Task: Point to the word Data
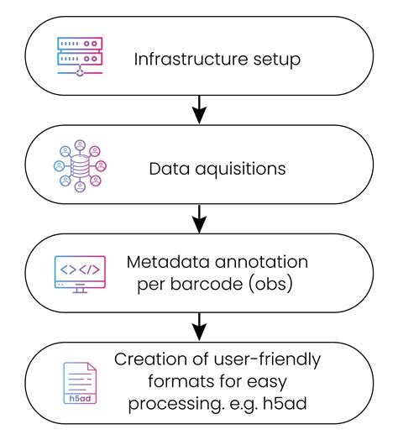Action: point(166,169)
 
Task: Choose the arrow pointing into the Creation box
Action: point(199,324)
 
